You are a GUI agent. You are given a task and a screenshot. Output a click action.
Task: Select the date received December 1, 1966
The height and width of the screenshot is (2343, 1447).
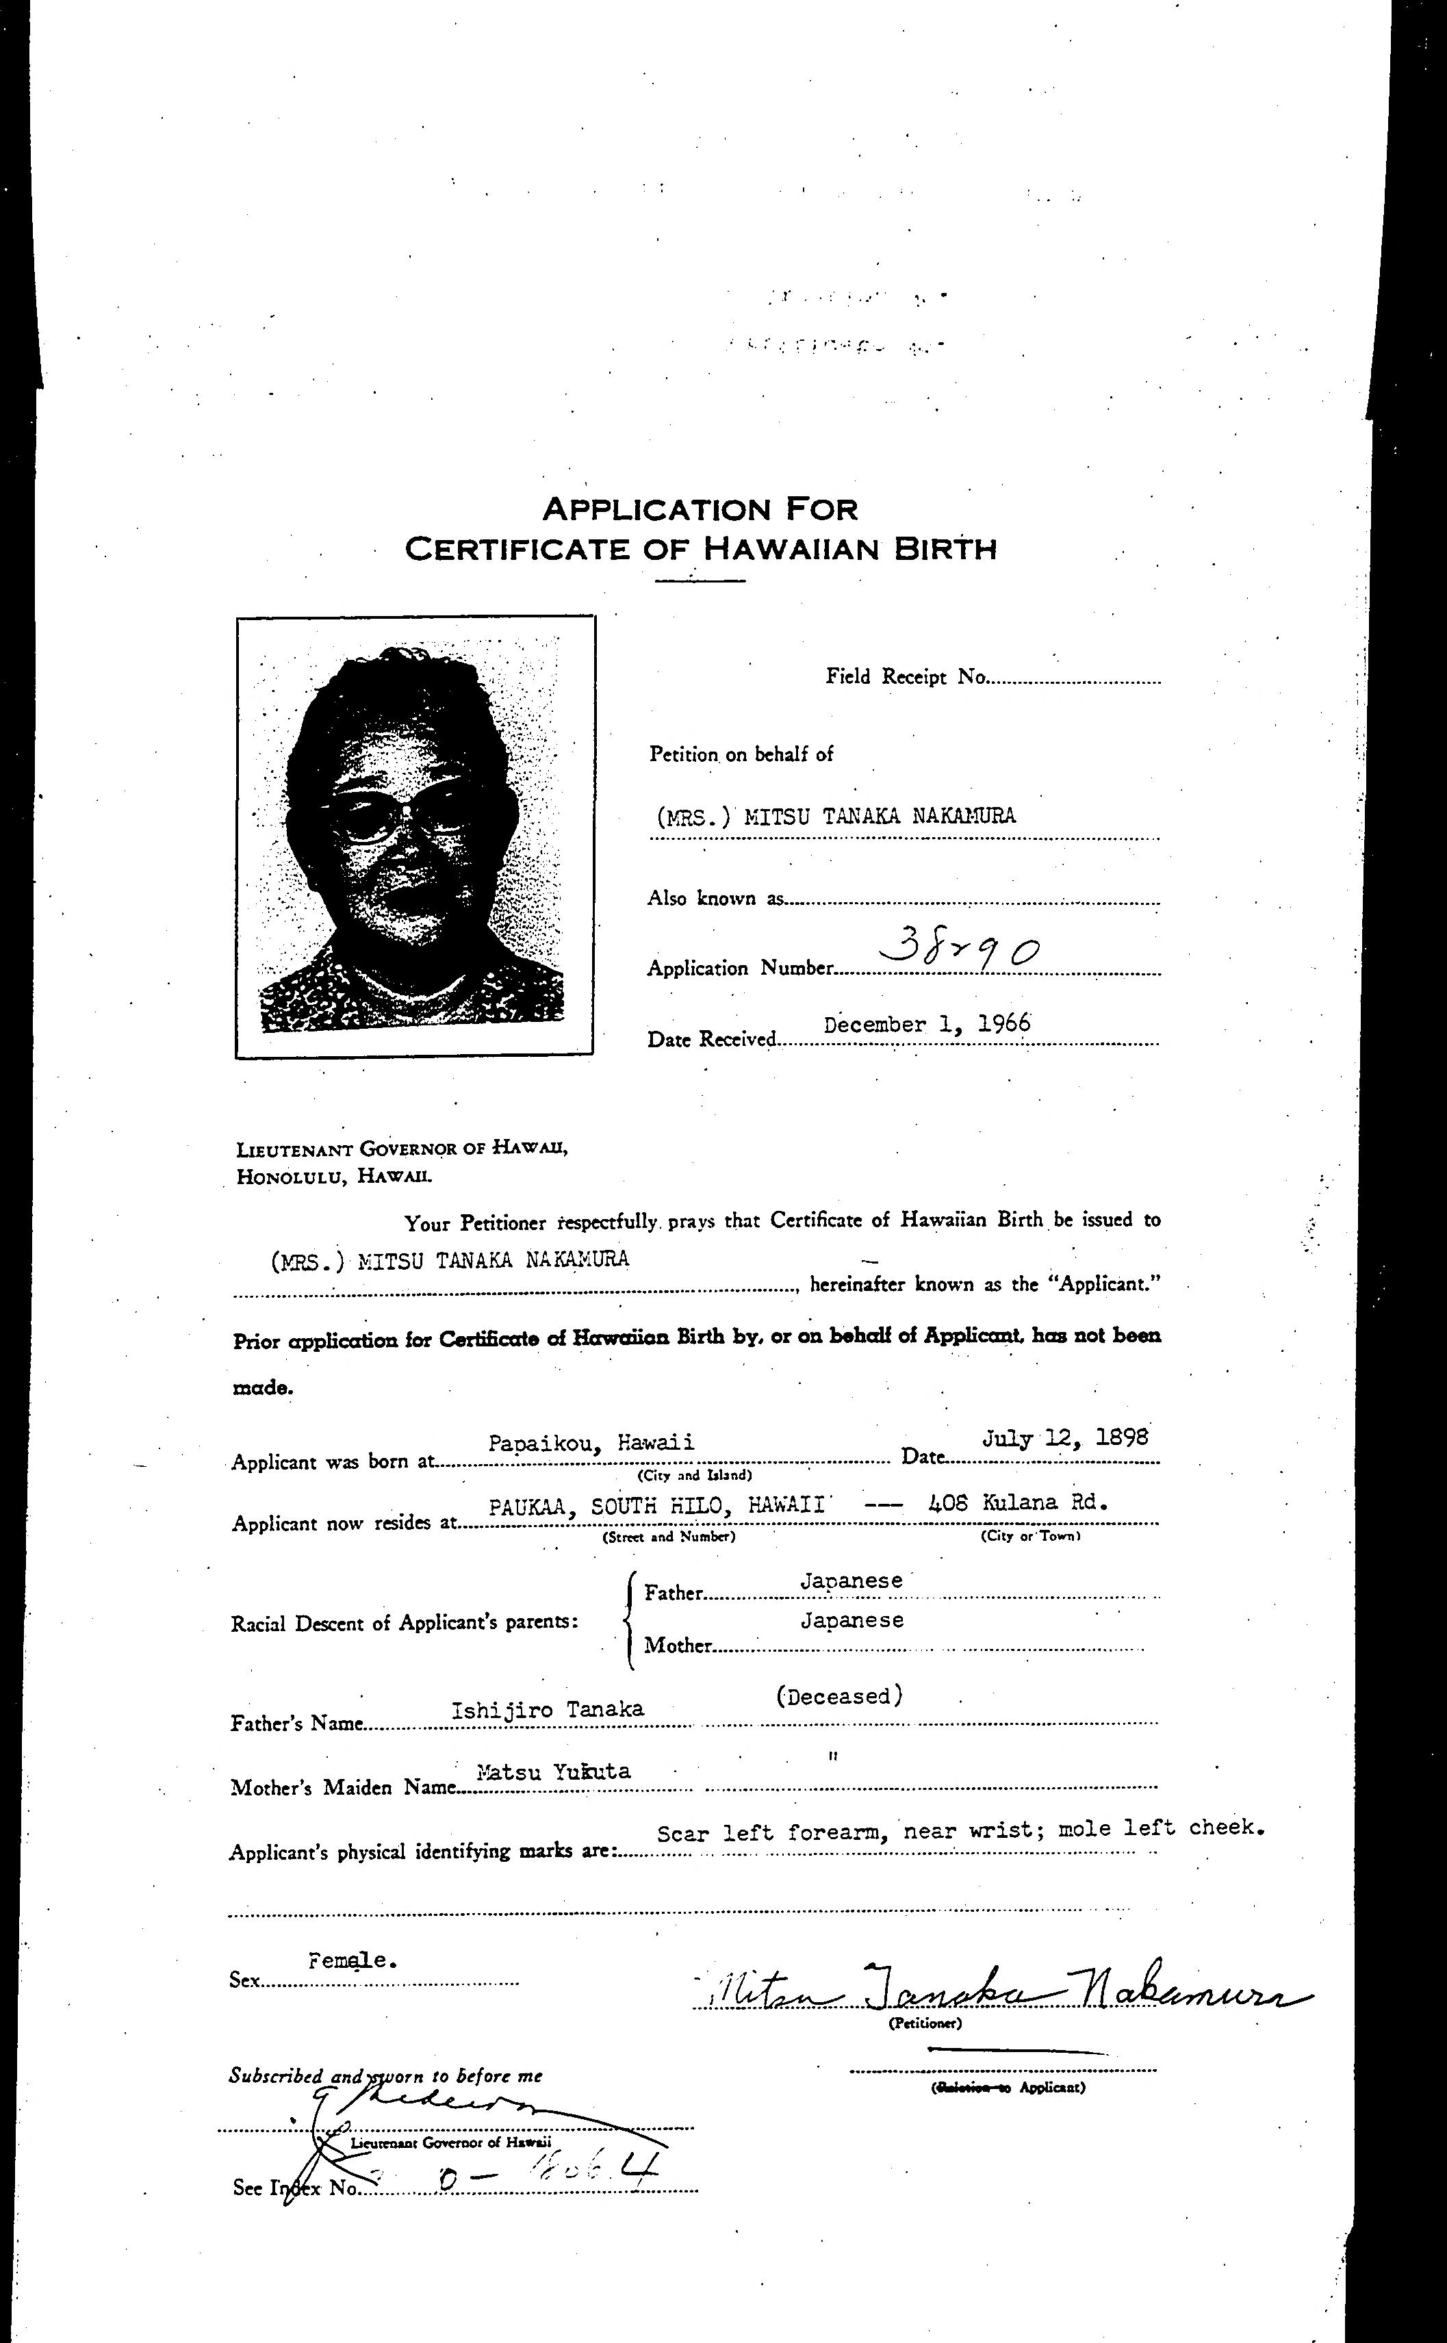point(926,1024)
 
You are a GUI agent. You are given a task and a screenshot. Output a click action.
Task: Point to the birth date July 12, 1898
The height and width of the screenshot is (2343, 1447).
point(1064,1438)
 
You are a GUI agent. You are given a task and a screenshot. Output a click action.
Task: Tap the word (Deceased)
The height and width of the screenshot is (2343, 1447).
point(838,1696)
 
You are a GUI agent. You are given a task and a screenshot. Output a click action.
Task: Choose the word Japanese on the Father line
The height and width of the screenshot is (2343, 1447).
point(851,1580)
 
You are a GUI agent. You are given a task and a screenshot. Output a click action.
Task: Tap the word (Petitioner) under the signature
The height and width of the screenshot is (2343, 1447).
point(925,2023)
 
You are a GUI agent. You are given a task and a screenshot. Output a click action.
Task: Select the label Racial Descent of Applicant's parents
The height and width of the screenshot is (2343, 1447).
point(404,1623)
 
